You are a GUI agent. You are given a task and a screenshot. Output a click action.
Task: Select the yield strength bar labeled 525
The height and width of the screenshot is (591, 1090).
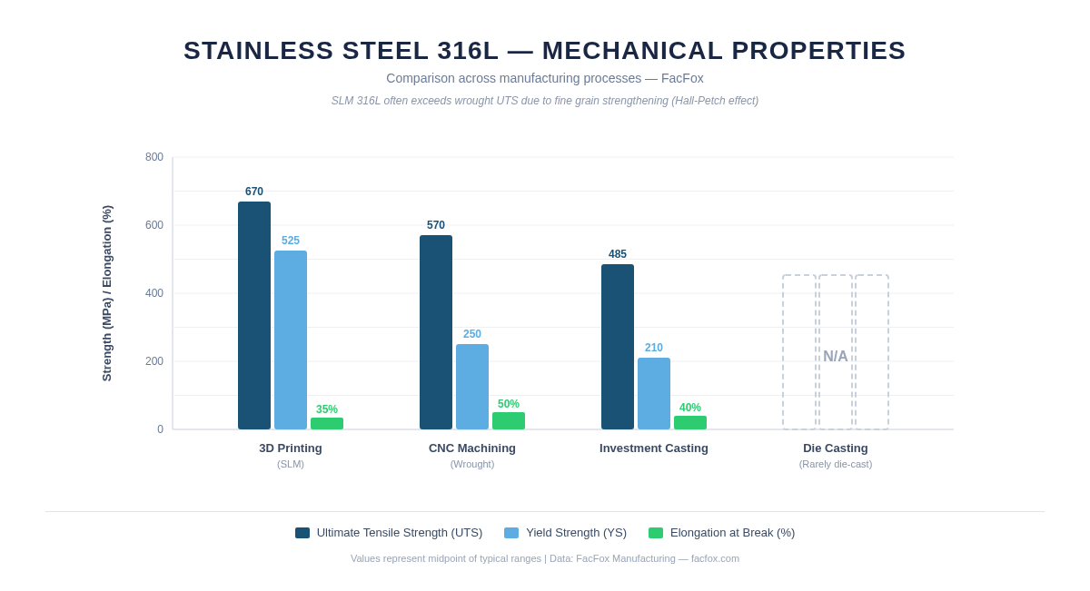pyautogui.click(x=291, y=340)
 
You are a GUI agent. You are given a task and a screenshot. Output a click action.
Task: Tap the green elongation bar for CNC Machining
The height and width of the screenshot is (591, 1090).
pyautogui.click(x=509, y=421)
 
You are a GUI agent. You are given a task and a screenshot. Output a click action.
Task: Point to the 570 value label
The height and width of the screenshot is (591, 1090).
pyautogui.click(x=436, y=225)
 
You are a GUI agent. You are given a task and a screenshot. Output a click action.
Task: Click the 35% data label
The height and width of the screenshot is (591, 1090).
pyautogui.click(x=327, y=409)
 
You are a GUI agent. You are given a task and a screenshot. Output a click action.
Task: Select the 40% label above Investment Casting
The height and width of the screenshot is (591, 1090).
pyautogui.click(x=690, y=408)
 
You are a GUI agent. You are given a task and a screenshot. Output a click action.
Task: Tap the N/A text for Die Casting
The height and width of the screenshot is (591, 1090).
pyautogui.click(x=836, y=357)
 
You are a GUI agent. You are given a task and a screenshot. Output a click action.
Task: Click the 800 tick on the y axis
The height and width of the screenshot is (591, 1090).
pyautogui.click(x=154, y=157)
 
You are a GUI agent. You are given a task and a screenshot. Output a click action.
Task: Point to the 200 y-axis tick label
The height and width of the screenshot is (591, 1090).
pyautogui.click(x=154, y=361)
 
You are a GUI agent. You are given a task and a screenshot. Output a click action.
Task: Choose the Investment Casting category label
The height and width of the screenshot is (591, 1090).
pyautogui.click(x=654, y=448)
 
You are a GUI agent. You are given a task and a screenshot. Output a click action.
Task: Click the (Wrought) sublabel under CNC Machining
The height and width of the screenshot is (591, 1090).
pyautogui.click(x=472, y=464)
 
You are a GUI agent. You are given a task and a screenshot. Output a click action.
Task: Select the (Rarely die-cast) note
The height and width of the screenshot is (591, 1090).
pyautogui.click(x=836, y=464)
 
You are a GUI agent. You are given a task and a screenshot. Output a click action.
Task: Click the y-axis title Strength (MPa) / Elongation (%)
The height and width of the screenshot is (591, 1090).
pyautogui.click(x=107, y=293)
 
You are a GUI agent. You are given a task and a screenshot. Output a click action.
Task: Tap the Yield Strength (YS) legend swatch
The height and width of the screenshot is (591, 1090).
pyautogui.click(x=511, y=533)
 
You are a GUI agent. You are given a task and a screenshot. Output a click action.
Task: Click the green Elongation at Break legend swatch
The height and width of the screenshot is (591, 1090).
pyautogui.click(x=656, y=533)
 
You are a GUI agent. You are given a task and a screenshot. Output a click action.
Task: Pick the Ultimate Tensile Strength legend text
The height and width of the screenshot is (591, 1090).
pyautogui.click(x=400, y=533)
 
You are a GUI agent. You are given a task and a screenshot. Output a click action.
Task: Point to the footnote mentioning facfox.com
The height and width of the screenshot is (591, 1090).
pyautogui.click(x=545, y=558)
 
